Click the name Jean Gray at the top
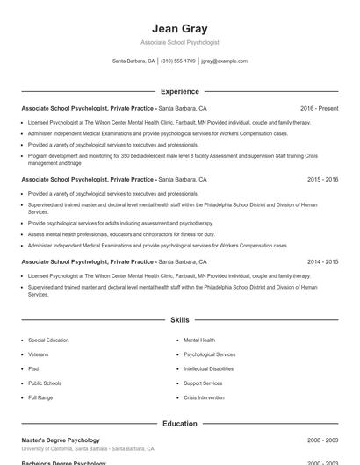pyautogui.click(x=180, y=28)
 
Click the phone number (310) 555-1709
pyautogui.click(x=178, y=61)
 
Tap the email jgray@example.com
pyautogui.click(x=224, y=61)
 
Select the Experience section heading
pyautogui.click(x=180, y=91)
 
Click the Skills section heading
pyautogui.click(x=180, y=321)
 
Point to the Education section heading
pyautogui.click(x=180, y=424)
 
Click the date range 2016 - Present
pyautogui.click(x=319, y=108)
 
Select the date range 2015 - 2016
pyautogui.click(x=323, y=179)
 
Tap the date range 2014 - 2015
pyautogui.click(x=323, y=261)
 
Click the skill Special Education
pyautogui.click(x=47, y=340)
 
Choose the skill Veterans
pyautogui.click(x=39, y=354)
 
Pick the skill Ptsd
pyautogui.click(x=33, y=368)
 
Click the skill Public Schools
pyautogui.click(x=45, y=383)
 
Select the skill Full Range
pyautogui.click(x=40, y=397)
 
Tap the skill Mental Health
pyautogui.click(x=199, y=340)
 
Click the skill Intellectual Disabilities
pyautogui.click(x=209, y=368)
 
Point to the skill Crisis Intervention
pyautogui.click(x=204, y=397)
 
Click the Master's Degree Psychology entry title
pyautogui.click(x=61, y=440)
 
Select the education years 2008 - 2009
pyautogui.click(x=323, y=440)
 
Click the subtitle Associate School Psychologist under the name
pyautogui.click(x=180, y=42)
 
